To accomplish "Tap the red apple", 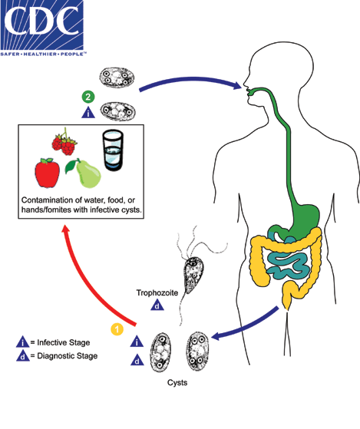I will pos(48,174).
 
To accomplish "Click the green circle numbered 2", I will pos(88,97).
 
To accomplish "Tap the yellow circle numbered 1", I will pos(116,329).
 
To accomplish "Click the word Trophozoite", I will pos(157,293).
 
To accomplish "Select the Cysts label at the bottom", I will pos(180,381).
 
